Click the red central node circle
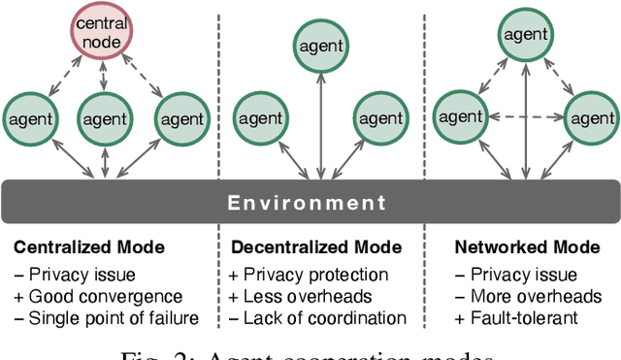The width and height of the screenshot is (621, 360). coord(103,35)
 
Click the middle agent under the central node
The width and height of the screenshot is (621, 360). coord(103,120)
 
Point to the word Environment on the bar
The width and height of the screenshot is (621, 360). coord(307,204)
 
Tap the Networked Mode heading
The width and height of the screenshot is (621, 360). coord(515,248)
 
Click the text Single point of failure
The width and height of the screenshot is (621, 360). coord(106,317)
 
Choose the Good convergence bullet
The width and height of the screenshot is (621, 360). coord(97,296)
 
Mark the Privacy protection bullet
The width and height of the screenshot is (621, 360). coord(308,275)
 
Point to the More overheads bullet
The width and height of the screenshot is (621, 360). coord(523,296)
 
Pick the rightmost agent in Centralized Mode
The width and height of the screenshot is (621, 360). coord(180,120)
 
